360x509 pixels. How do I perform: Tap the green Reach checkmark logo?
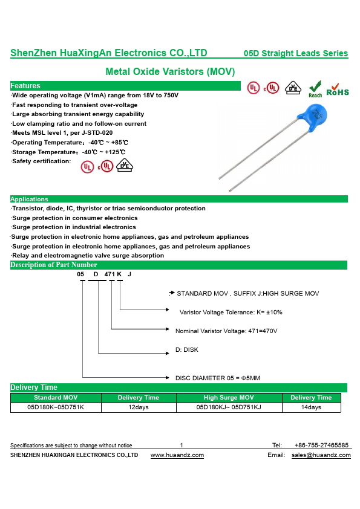[x=315, y=89]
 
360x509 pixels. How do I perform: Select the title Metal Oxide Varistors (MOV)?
[x=170, y=72]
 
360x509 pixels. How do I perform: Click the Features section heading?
[x=25, y=86]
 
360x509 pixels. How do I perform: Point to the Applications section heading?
[x=29, y=199]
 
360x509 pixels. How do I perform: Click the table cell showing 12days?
[x=139, y=407]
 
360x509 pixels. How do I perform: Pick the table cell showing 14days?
[x=311, y=407]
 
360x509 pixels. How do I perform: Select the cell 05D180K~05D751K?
[x=56, y=407]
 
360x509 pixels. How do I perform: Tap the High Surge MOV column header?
[x=229, y=397]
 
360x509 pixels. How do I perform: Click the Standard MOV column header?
[x=56, y=397]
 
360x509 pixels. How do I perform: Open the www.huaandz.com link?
[x=177, y=455]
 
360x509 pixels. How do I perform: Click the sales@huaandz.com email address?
[x=321, y=455]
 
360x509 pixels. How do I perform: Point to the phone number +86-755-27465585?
[x=321, y=445]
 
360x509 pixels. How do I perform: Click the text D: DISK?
[x=187, y=349]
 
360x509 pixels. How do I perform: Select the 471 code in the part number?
[x=110, y=274]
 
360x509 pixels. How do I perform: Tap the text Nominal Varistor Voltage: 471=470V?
[x=226, y=331]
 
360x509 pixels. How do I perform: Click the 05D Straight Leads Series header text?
[x=296, y=53]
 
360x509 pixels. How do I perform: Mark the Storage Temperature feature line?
[x=68, y=152]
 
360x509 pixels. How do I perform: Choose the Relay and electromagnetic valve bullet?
[x=87, y=256]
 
